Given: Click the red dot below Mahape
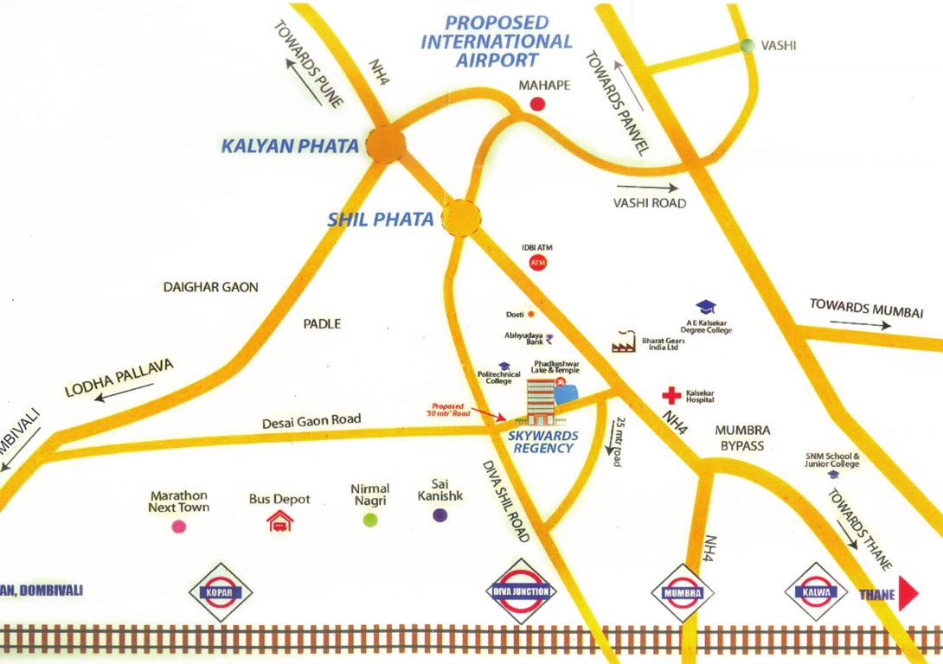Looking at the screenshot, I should [x=537, y=105].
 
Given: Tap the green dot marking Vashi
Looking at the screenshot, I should [x=747, y=45].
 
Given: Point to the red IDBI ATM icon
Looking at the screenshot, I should [x=537, y=262].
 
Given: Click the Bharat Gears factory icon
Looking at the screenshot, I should [x=625, y=342].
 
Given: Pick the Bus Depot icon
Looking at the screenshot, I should [x=279, y=520].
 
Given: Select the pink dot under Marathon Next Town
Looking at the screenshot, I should [x=179, y=526].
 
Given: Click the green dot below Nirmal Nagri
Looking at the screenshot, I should [x=370, y=519].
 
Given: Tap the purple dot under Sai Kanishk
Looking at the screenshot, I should [x=440, y=516].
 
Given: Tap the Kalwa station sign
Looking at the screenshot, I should [x=815, y=592].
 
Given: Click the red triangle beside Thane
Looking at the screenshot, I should [x=908, y=594].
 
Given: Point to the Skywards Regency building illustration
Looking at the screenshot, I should [x=543, y=399].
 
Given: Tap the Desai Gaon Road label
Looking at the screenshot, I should [x=311, y=420].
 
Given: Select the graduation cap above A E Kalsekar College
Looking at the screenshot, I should [x=707, y=307].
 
